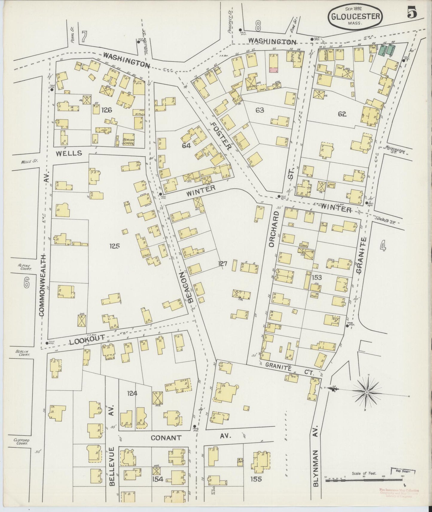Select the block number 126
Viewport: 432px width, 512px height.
106,110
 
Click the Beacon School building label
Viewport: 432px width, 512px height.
129,141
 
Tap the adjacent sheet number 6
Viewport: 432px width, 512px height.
27,283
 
